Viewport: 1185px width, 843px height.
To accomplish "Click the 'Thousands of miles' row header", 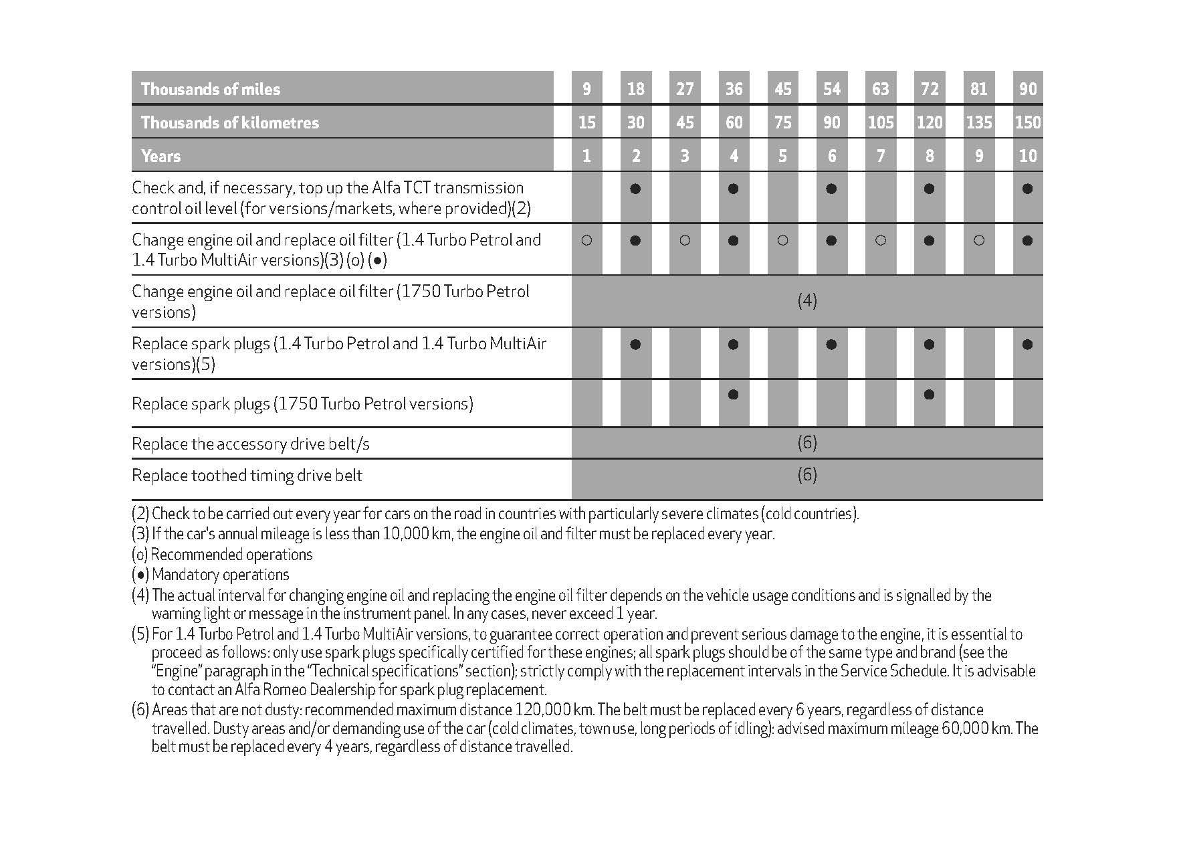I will pos(210,89).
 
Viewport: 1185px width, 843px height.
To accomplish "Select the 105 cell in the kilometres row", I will pos(881,122).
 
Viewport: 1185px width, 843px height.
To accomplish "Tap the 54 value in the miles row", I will pos(831,89).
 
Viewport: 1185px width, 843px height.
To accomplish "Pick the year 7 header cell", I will pos(881,156).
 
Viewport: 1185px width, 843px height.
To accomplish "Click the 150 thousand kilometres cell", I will pos(1028,122).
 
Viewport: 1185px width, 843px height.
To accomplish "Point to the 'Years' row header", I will pos(160,156).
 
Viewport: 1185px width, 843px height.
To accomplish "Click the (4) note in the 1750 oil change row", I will pos(807,301).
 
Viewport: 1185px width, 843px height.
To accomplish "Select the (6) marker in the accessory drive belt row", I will pos(807,442).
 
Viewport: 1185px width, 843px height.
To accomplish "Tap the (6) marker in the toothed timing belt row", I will pos(807,475).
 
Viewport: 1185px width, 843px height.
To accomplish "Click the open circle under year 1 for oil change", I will pos(586,240).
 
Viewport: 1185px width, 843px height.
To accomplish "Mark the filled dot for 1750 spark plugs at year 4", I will pos(734,395).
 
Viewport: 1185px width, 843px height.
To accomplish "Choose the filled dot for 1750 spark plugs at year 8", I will pos(929,395).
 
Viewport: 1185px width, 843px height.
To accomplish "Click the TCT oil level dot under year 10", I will pos(1028,189).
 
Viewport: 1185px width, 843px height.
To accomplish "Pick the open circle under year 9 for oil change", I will pos(978,240).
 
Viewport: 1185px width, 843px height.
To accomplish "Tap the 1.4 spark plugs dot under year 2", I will pos(635,345).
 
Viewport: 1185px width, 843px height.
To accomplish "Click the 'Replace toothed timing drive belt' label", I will pos(247,476).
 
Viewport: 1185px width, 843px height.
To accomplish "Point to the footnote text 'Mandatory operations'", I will pos(221,575).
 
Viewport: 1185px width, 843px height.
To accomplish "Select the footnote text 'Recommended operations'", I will pos(231,555).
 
